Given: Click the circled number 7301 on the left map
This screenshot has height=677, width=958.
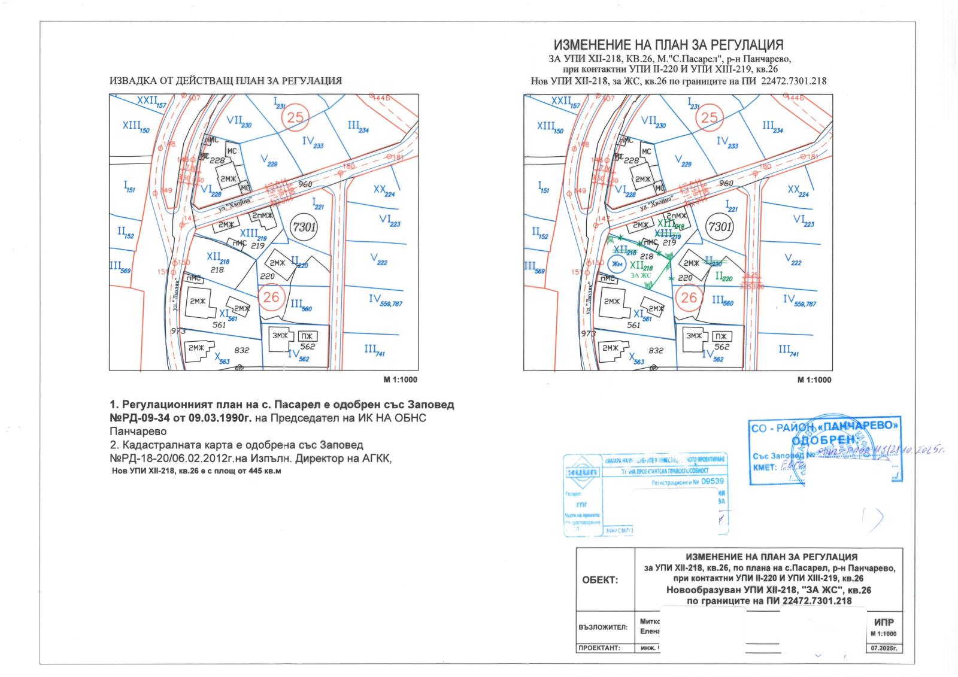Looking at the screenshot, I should tap(304, 227).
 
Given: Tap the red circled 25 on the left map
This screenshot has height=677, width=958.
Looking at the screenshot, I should tap(295, 117).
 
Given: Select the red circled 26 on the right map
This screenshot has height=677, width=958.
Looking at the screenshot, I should tap(689, 297).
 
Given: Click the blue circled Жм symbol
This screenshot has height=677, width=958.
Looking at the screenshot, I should tap(617, 264).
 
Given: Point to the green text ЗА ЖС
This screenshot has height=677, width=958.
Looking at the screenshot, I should tap(641, 275).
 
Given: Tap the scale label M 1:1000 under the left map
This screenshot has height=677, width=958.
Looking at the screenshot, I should tap(400, 380).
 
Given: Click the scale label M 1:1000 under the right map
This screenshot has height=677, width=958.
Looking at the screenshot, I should tap(814, 380).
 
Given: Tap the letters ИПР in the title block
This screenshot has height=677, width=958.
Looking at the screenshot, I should tap(884, 623).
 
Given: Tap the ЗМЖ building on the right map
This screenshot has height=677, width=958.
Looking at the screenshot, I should tap(694, 336).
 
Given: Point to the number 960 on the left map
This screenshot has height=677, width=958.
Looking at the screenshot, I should tap(305, 184).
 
